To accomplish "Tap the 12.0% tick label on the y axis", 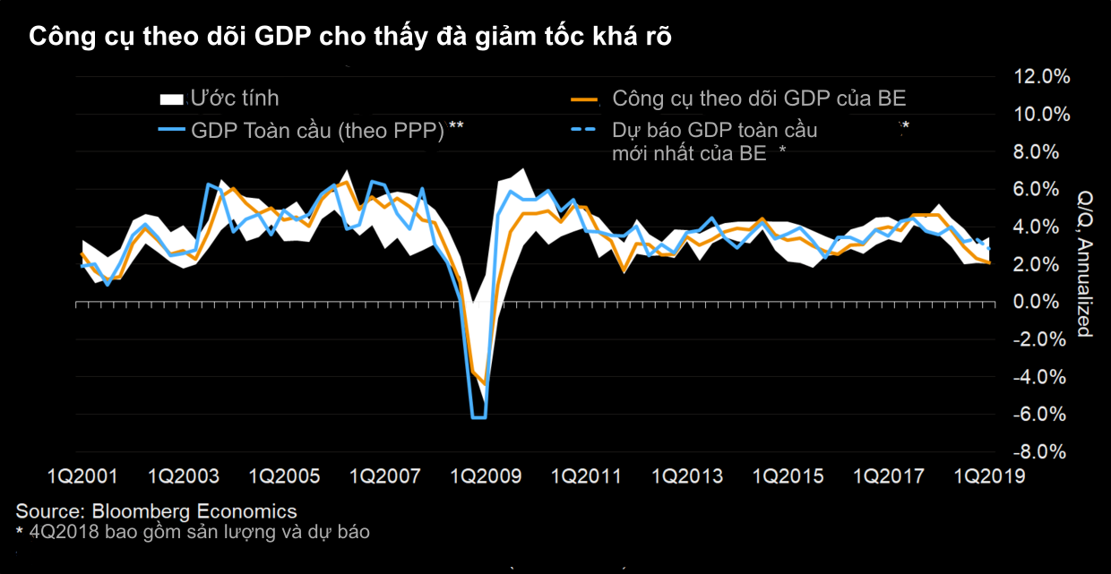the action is click(1041, 77).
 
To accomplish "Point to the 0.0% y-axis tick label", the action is click(1036, 302).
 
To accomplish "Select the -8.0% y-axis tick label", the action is click(1039, 451).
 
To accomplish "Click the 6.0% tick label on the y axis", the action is click(1036, 189).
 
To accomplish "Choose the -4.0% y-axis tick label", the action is click(1039, 377).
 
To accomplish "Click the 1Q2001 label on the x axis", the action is click(82, 476).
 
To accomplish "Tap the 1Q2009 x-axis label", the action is click(486, 476).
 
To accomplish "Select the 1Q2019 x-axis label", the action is click(989, 476).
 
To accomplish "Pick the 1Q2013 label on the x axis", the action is click(687, 476).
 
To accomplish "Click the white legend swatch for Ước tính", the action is click(172, 99).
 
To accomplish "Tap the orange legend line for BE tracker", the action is click(584, 99).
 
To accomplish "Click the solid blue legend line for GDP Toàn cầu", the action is click(172, 130).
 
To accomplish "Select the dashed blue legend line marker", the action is click(583, 130).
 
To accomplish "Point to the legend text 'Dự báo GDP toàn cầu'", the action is click(714, 131).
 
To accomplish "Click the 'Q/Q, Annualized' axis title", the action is click(1085, 263).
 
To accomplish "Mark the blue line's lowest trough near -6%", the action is click(479, 418).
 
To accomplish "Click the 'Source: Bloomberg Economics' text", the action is click(156, 511).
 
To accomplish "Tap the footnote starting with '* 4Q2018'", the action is click(193, 533).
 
